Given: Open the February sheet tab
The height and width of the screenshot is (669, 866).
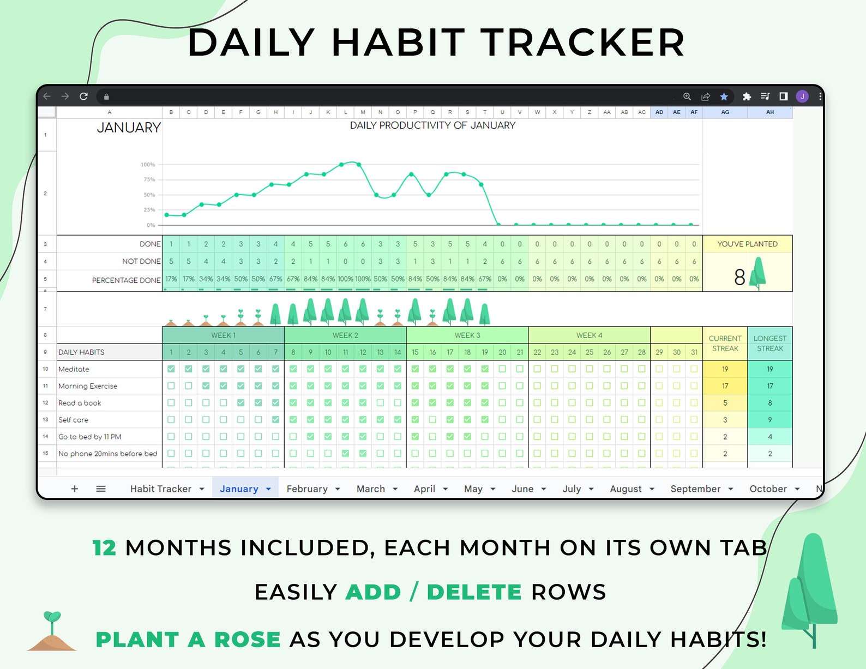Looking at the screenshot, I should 307,489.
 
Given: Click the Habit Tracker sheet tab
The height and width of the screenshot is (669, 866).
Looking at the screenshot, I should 160,489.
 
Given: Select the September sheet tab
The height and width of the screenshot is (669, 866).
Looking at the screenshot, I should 695,489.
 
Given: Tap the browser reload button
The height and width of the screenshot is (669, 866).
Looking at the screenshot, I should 83,97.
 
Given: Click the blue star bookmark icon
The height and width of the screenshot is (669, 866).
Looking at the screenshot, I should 724,97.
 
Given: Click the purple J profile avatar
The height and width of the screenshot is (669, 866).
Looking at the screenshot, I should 802,97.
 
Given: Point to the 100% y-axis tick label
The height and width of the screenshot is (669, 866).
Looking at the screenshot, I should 148,165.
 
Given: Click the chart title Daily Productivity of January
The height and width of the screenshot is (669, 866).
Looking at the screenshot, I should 432,125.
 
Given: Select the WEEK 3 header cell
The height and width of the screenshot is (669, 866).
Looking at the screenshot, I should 467,335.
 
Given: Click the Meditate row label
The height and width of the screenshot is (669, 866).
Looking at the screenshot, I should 74,369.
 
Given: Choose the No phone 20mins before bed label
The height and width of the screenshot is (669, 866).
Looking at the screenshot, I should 107,454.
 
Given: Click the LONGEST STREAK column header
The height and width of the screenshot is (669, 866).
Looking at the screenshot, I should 769,343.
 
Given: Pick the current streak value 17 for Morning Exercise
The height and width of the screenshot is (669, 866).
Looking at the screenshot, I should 725,386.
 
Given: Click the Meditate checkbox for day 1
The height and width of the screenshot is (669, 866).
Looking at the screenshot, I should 171,369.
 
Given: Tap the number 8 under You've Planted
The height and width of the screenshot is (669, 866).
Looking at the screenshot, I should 739,278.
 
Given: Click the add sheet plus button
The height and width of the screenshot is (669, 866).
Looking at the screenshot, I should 75,489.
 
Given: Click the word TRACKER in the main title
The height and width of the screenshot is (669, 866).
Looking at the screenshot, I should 582,43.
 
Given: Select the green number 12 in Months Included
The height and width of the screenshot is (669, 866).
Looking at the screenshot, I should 104,548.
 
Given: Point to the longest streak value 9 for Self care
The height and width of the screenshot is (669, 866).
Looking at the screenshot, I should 769,420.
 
